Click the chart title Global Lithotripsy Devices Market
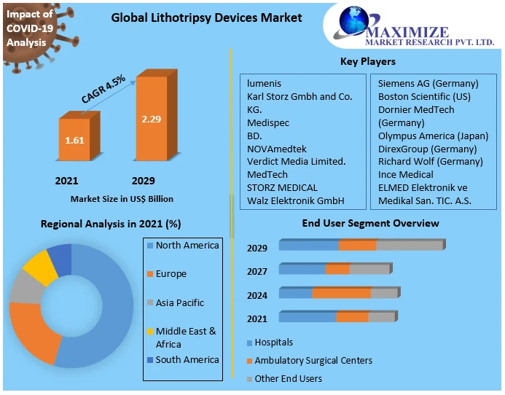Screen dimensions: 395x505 [206, 17]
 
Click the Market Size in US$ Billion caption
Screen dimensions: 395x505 [122, 198]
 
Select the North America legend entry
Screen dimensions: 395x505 [187, 246]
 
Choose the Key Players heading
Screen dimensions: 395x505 [368, 61]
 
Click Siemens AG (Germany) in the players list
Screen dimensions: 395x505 [428, 83]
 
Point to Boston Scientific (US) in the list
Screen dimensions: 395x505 [424, 96]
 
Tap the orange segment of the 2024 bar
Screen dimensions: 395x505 [341, 293]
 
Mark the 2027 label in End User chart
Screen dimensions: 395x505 [257, 271]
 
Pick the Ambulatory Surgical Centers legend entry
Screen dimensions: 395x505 [313, 360]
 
